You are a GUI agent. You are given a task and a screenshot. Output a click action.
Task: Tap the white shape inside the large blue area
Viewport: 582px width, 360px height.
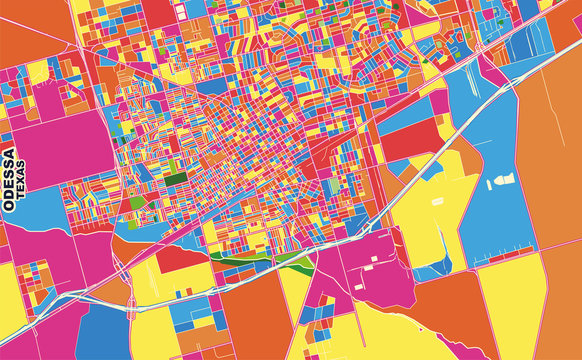pyautogui.click(x=500, y=182)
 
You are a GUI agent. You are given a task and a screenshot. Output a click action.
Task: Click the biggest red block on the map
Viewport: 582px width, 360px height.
pyautogui.click(x=410, y=142)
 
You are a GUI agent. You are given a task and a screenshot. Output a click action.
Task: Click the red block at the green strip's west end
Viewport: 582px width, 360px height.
pyautogui.click(x=180, y=258)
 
